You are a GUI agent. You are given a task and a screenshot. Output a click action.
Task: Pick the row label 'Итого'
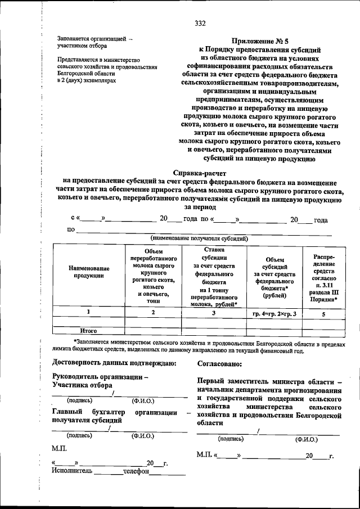(x=89, y=331)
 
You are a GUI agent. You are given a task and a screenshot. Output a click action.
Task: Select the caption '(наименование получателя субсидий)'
(x=199, y=238)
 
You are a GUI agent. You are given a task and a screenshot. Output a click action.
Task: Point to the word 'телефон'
(x=137, y=471)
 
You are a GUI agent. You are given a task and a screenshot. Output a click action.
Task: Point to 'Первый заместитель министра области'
(x=270, y=381)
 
